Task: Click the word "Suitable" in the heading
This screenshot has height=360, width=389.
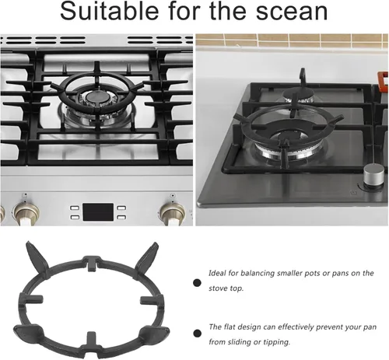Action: pos(109,11)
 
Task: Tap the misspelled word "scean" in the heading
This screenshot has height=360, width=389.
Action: pos(292,12)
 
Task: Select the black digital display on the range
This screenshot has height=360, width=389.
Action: pos(98,212)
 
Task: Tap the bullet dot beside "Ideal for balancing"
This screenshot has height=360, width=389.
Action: pos(197,282)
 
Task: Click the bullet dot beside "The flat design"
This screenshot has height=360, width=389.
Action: pos(197,333)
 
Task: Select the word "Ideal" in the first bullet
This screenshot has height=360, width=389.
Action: pos(217,273)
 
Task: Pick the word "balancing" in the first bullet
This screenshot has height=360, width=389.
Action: pos(258,274)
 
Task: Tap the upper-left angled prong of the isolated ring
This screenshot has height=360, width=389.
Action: pos(37,257)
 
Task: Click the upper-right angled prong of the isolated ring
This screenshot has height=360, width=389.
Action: pos(146,257)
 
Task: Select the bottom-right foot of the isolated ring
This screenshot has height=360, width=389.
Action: pos(155,332)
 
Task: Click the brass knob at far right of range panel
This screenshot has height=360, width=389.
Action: pos(172,214)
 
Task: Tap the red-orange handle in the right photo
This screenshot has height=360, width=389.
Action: pos(383,81)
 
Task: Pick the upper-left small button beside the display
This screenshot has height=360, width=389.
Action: pos(75,208)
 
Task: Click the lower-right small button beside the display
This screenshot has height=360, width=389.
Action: pos(121,217)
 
